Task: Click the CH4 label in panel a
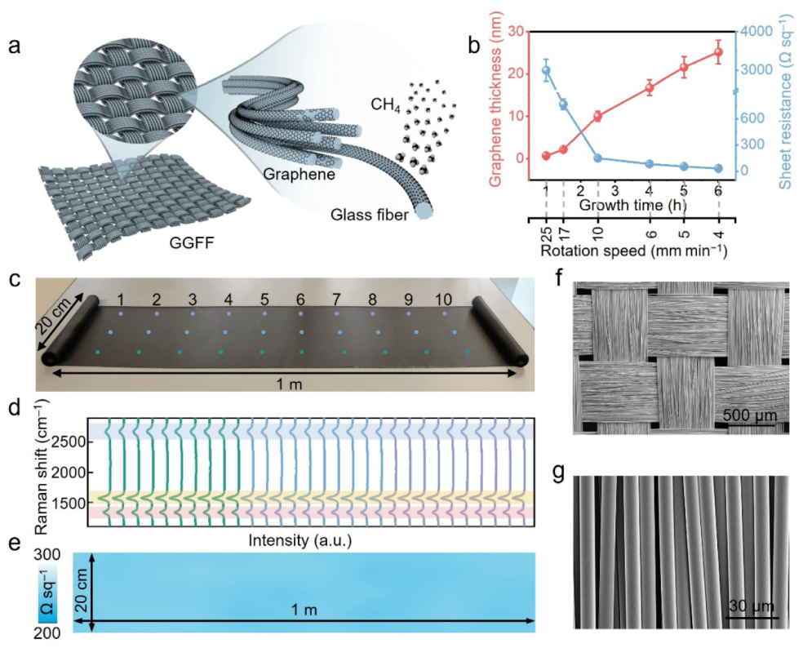(x=385, y=105)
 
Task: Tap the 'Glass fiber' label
(x=369, y=214)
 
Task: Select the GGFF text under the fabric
(x=192, y=242)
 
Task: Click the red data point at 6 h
(x=718, y=51)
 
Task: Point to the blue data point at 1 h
(x=547, y=70)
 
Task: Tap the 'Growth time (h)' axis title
(x=633, y=205)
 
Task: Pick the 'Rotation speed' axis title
(x=633, y=251)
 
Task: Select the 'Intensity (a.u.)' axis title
(x=300, y=540)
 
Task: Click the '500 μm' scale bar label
(x=749, y=415)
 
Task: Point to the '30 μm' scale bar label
(x=751, y=606)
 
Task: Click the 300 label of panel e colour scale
(x=47, y=555)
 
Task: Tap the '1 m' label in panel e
(x=304, y=610)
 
